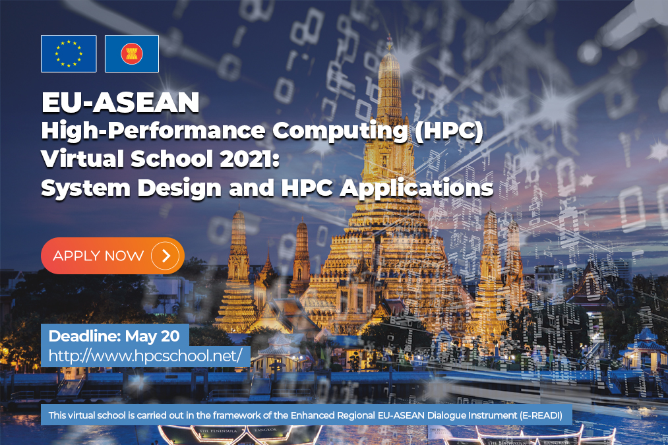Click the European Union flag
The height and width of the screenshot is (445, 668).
click(69, 53)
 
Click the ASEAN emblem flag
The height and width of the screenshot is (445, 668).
click(132, 53)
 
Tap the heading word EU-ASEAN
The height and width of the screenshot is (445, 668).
click(121, 102)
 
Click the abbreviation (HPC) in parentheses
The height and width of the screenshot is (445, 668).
click(449, 131)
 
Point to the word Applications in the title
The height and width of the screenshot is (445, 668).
click(416, 188)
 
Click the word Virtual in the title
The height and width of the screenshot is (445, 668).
click(82, 158)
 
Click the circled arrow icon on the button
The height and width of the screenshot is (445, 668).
click(166, 256)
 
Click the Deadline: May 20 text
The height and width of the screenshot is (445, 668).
click(114, 336)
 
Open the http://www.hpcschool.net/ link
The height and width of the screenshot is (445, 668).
click(145, 355)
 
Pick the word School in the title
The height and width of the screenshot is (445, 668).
click(171, 158)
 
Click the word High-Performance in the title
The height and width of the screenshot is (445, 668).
click(153, 131)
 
